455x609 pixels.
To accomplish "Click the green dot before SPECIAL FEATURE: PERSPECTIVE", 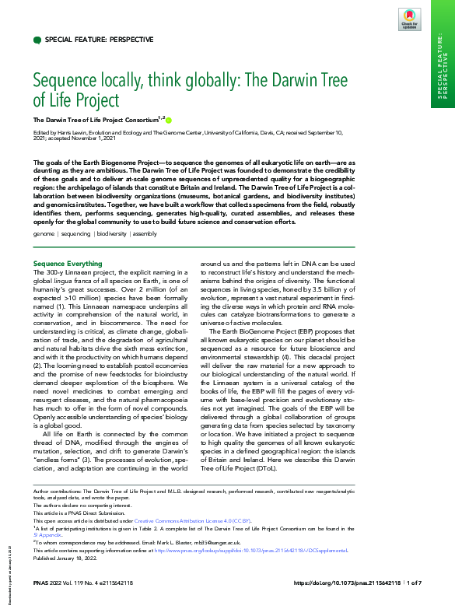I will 37,39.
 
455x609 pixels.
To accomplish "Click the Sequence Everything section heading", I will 68,264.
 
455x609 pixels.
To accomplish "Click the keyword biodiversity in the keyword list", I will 111,233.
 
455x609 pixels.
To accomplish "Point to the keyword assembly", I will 145,233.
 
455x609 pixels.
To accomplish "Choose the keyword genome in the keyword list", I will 44,233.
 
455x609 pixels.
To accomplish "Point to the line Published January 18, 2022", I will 66,557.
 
